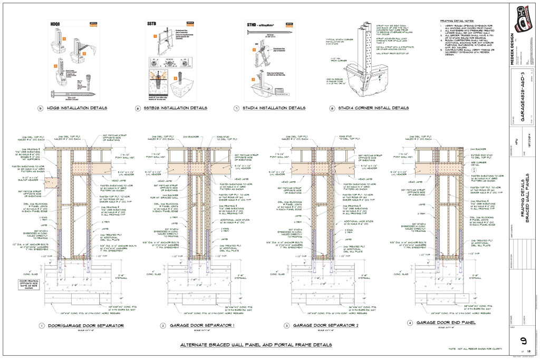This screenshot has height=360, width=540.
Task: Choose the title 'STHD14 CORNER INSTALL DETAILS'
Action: (x=373, y=108)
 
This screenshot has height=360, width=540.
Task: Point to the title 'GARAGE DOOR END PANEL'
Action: (x=446, y=322)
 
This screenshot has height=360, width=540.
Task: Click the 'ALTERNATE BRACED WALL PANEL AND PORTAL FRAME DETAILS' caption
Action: (x=256, y=345)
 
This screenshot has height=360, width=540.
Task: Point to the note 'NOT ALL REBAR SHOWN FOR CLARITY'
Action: (x=476, y=349)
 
